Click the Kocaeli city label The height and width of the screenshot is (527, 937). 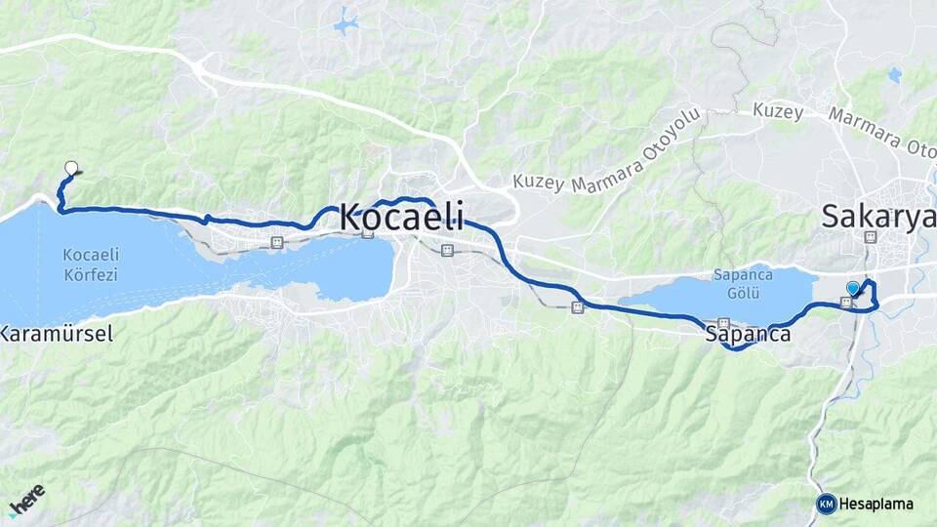click(x=401, y=217)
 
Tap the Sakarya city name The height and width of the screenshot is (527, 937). click(x=876, y=216)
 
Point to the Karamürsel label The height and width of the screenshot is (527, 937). click(x=57, y=334)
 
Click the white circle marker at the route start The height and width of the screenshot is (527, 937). click(x=70, y=168)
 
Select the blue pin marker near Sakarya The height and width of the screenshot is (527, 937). click(x=854, y=288)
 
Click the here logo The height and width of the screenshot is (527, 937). click(x=27, y=501)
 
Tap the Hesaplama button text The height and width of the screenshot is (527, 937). click(x=876, y=504)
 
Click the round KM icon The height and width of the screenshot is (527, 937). click(x=826, y=504)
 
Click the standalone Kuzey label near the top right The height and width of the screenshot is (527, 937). click(x=777, y=111)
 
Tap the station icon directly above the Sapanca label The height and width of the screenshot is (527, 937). click(x=723, y=323)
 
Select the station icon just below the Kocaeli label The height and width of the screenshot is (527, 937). click(x=447, y=250)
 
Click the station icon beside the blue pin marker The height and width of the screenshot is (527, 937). click(x=844, y=303)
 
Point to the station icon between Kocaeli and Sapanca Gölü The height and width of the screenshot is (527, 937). click(x=577, y=307)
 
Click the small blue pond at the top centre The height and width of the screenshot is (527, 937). click(x=346, y=21)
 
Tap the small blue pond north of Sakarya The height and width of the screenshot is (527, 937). click(x=894, y=74)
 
